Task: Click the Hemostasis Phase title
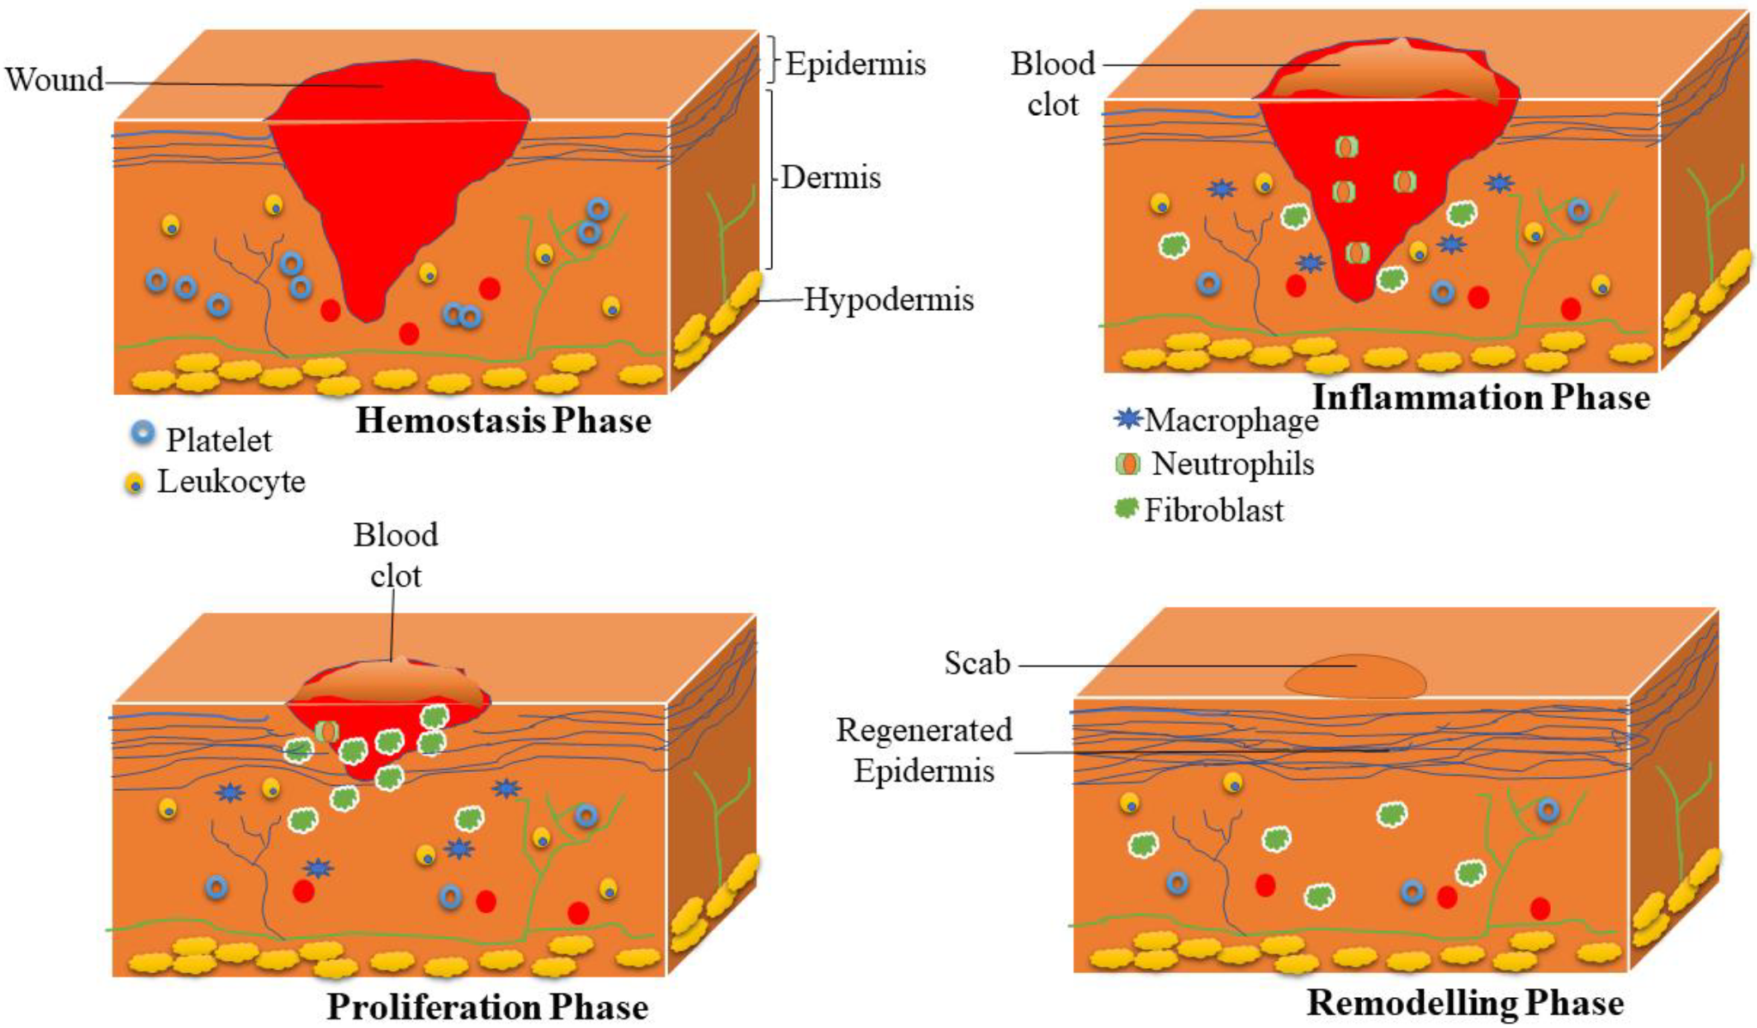tap(503, 421)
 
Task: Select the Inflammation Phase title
tap(1480, 398)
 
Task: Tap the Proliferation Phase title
tap(487, 1007)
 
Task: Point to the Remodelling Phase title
tap(1465, 1003)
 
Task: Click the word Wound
tap(53, 80)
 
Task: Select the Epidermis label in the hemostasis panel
tap(855, 64)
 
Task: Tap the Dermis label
tap(830, 178)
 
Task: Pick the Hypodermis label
tap(889, 300)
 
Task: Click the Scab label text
tap(977, 663)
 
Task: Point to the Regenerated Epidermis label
tap(924, 750)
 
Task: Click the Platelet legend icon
tap(143, 434)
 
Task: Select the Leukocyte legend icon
tap(134, 484)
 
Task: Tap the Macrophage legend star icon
tap(1128, 418)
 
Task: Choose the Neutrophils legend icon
tap(1127, 465)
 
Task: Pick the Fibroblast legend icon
tap(1126, 508)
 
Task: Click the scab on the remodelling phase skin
tap(1355, 677)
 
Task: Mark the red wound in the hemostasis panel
tap(395, 172)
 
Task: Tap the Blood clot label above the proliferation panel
tap(396, 555)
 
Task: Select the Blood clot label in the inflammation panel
tap(1053, 84)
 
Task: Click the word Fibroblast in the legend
tap(1213, 510)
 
